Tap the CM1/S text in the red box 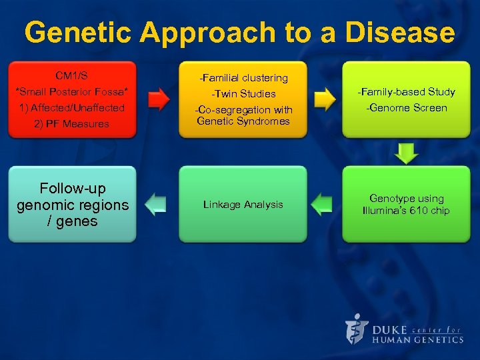point(72,75)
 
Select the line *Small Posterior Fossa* point(72,91)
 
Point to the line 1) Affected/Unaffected point(72,107)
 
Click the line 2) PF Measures point(72,123)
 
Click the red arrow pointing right point(158,100)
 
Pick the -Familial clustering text point(243,78)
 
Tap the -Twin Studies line point(243,94)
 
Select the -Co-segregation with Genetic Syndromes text point(243,115)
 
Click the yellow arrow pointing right point(324,100)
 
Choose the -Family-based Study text point(406,91)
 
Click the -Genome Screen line point(406,108)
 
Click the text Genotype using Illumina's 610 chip point(406,205)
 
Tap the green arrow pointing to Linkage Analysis point(323,204)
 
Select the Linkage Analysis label point(243,205)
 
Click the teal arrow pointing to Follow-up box point(156,204)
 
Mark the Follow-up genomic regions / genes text point(72,205)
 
